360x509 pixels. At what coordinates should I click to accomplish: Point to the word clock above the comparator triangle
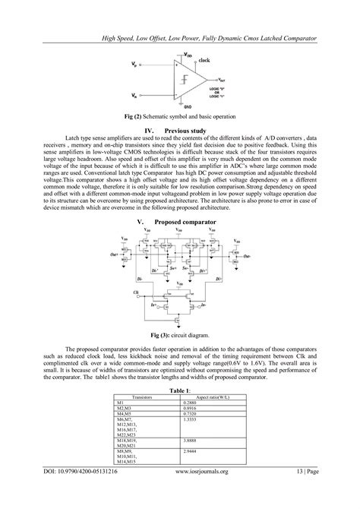204,58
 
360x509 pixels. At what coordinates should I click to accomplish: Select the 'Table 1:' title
180,389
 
